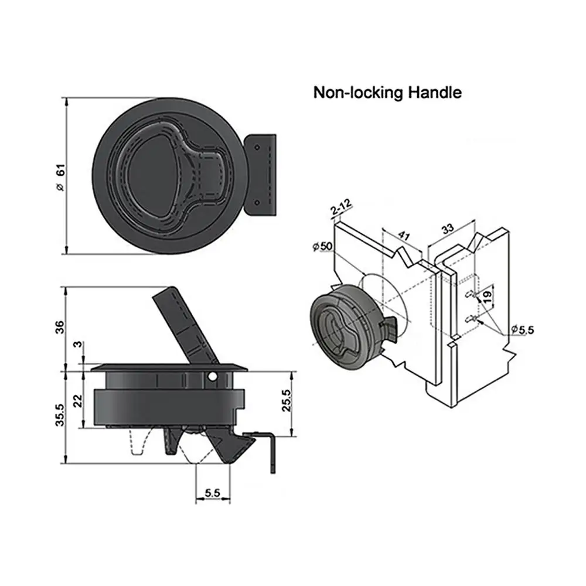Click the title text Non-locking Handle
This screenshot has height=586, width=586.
pyautogui.click(x=387, y=92)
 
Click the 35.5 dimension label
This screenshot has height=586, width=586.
pyautogui.click(x=59, y=416)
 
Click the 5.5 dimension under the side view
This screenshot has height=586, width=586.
pyautogui.click(x=212, y=493)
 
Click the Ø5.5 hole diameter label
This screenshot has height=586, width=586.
pyautogui.click(x=522, y=330)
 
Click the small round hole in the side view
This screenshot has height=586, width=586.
pyautogui.click(x=214, y=375)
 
